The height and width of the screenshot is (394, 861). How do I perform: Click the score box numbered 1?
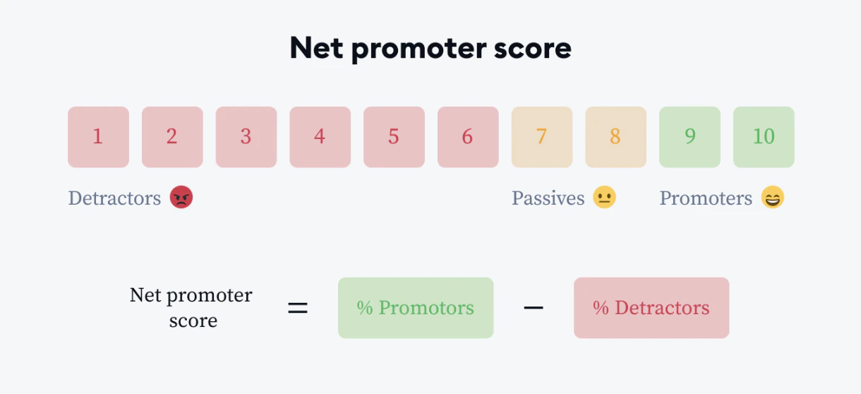coord(98,137)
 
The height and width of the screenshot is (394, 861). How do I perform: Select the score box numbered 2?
coord(172,137)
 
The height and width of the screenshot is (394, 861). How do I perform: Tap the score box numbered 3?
coord(246,137)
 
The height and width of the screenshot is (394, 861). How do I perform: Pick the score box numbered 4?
coord(320,137)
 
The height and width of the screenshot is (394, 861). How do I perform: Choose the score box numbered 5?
coord(394,137)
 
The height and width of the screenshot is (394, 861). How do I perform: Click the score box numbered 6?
coord(468,137)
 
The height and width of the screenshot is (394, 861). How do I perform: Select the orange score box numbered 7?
coord(542,137)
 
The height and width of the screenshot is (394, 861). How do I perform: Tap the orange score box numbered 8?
coord(616,137)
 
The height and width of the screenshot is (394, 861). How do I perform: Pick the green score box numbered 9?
coord(690,137)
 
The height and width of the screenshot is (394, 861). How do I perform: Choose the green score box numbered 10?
coord(764,137)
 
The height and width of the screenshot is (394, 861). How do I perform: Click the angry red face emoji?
coord(181,197)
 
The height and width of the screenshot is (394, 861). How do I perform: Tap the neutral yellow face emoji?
coord(604,197)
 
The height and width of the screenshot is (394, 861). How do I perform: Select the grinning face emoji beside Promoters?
coord(773,197)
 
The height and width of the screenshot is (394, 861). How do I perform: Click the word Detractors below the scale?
coord(114,198)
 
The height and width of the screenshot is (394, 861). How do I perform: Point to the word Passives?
coord(548,198)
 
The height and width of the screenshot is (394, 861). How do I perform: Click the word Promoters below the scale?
coord(706,198)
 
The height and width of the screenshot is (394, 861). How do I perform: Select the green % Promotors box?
coord(416,308)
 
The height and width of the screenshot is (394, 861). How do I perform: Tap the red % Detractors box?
coord(651,308)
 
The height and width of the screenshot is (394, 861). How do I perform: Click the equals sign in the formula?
coord(298,308)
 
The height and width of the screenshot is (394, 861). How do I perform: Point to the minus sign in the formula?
coord(534,308)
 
